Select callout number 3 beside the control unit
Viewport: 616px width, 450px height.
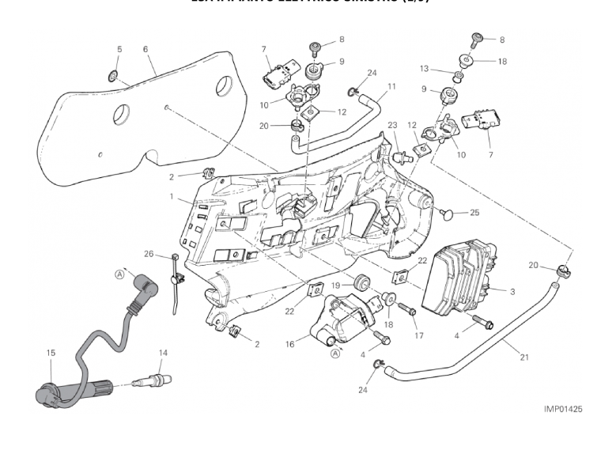click(512, 292)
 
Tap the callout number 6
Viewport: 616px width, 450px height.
click(145, 49)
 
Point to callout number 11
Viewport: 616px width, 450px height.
click(391, 86)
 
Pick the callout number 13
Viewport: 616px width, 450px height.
click(446, 68)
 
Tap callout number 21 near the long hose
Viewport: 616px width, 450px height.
click(523, 356)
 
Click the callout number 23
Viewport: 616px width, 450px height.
click(392, 124)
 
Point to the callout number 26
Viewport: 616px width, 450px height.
click(149, 254)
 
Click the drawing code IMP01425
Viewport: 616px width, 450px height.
click(563, 409)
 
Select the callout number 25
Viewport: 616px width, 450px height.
click(474, 212)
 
